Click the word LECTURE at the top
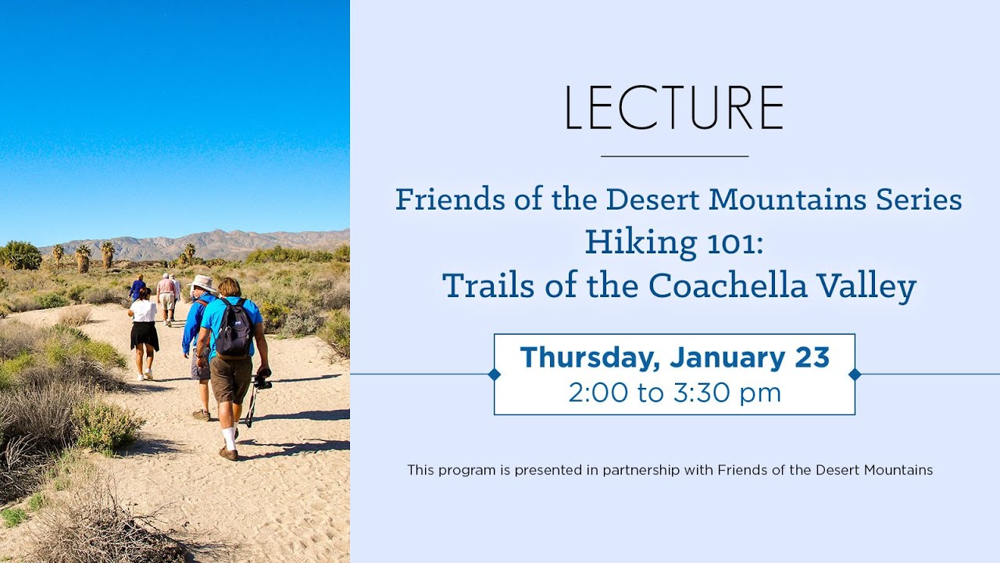(673, 108)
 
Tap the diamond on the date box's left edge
(494, 375)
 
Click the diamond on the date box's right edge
(855, 375)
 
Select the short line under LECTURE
(674, 156)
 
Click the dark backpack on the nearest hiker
(234, 328)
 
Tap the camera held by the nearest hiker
(262, 382)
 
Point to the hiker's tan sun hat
(203, 283)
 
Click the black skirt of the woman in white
(144, 336)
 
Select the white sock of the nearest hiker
(228, 438)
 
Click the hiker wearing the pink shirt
(166, 286)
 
